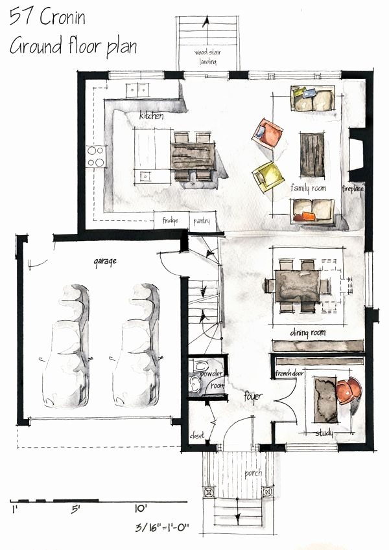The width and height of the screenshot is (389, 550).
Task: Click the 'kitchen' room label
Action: coord(151,117)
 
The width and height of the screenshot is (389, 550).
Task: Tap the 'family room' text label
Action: coord(309,188)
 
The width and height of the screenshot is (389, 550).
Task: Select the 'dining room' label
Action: coord(307,332)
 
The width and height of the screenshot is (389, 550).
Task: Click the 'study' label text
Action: coord(324,433)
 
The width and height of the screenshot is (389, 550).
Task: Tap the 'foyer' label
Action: coord(253,395)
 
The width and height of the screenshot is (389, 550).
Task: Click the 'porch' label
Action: coord(253,474)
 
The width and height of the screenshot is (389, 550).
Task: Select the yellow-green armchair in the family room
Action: coord(267,176)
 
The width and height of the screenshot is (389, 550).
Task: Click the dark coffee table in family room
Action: coord(312,153)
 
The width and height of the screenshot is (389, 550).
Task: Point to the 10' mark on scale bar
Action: coord(141,509)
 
